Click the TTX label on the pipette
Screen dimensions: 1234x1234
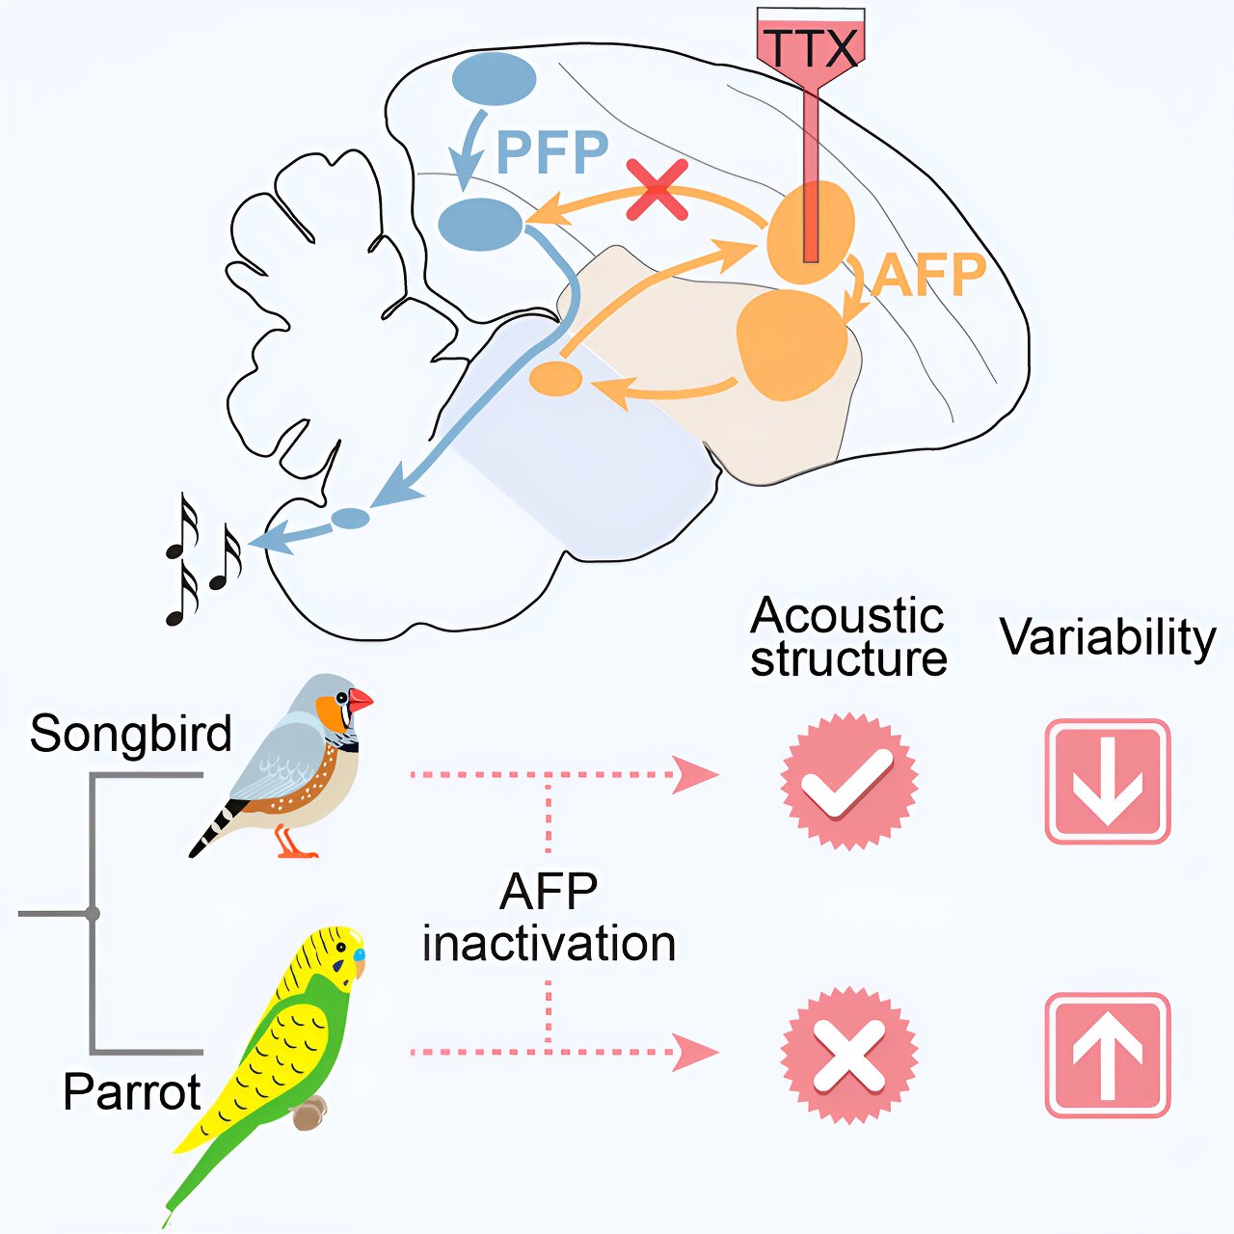click(x=809, y=48)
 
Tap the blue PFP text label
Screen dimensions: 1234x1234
click(x=552, y=151)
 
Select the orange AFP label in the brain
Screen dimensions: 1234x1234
click(x=929, y=275)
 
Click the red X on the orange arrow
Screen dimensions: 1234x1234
click(x=657, y=189)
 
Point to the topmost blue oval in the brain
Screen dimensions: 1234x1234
click(x=494, y=79)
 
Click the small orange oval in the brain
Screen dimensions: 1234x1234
click(x=556, y=378)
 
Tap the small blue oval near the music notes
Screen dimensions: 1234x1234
click(x=350, y=518)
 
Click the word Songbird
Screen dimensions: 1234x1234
click(x=130, y=734)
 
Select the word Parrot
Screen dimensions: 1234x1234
click(x=131, y=1092)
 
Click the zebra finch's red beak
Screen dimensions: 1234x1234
click(x=360, y=701)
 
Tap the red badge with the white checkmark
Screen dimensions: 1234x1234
click(x=848, y=781)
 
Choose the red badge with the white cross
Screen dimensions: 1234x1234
click(x=848, y=1055)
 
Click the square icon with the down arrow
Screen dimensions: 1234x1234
click(x=1108, y=781)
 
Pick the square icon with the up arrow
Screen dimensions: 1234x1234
click(x=1108, y=1055)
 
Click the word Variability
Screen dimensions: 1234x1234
click(x=1108, y=637)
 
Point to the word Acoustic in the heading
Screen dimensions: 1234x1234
click(x=846, y=615)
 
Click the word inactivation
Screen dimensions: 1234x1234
click(x=549, y=943)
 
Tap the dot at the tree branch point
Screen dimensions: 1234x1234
click(x=93, y=913)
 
